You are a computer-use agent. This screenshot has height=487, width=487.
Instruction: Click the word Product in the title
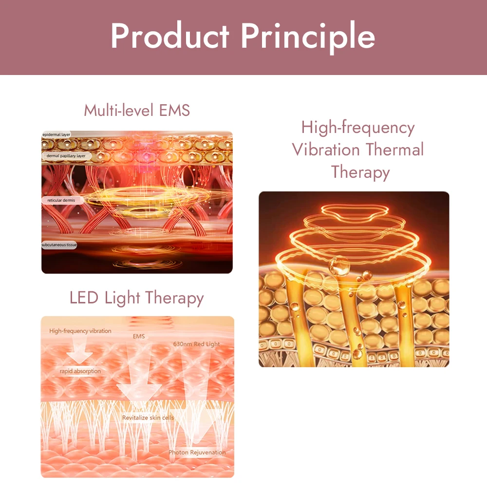tap(169, 37)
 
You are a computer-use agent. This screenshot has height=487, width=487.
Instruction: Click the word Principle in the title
tap(308, 37)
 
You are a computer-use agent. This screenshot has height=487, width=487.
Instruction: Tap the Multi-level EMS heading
tap(137, 110)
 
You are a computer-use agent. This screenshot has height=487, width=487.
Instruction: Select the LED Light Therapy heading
tap(136, 298)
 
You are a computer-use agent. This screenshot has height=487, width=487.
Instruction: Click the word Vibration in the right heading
tap(327, 150)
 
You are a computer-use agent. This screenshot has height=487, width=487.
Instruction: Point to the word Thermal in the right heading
tap(395, 150)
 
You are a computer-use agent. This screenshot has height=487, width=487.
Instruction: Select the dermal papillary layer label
tap(66, 156)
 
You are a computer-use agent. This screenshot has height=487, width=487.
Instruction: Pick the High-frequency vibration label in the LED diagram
tap(80, 331)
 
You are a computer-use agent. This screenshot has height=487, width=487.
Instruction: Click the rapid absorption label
tap(80, 371)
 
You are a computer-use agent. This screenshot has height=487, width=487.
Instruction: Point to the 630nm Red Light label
tap(197, 344)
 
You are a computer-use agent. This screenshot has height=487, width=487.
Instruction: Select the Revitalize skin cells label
tap(148, 418)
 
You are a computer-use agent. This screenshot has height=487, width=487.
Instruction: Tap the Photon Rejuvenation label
tap(197, 452)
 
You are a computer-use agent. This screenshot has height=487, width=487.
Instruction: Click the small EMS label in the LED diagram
tap(139, 336)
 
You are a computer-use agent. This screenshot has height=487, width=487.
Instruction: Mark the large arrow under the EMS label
tap(139, 380)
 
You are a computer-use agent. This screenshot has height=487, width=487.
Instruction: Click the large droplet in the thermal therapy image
tap(338, 267)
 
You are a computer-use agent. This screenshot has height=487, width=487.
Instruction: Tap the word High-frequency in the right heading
tap(358, 127)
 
